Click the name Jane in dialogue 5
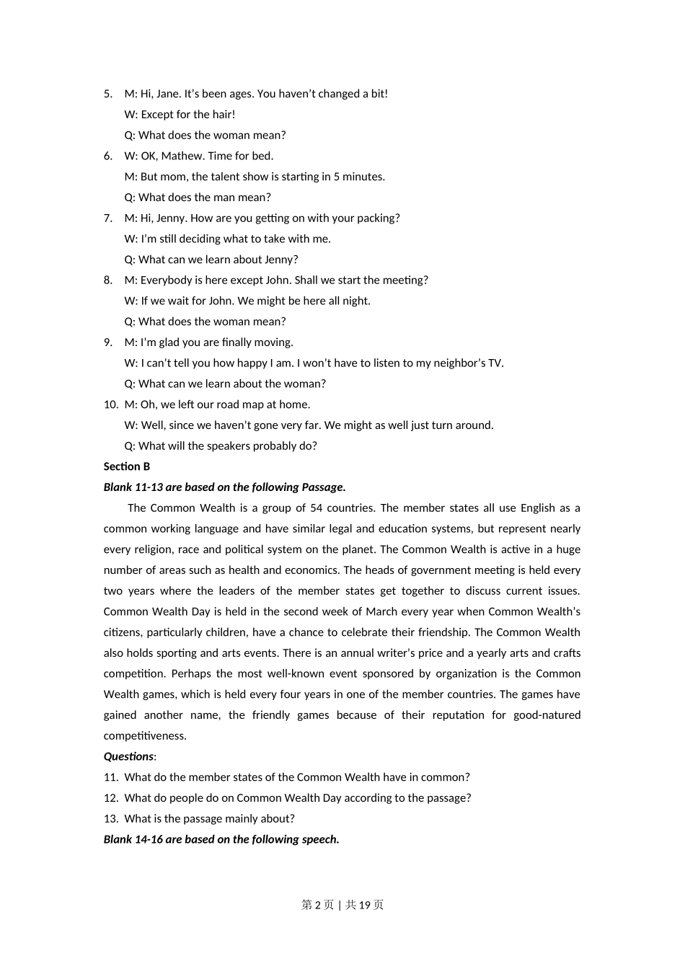click(167, 94)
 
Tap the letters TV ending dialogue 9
click(495, 363)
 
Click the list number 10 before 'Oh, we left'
click(110, 404)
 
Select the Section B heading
click(127, 466)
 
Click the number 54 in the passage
click(316, 508)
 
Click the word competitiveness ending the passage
click(145, 736)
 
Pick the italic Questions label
click(128, 756)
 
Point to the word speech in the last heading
click(320, 839)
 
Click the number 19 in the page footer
click(364, 905)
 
